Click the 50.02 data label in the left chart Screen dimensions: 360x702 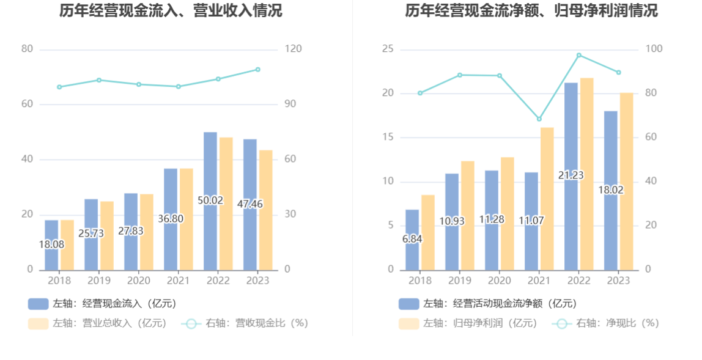(x=210, y=200)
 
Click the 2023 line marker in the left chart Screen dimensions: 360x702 (x=258, y=70)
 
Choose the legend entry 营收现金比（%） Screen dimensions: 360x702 (x=245, y=323)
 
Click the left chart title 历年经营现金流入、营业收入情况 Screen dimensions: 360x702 (x=171, y=11)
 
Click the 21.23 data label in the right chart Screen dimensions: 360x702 (x=571, y=175)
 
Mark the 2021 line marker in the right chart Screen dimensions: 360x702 (x=539, y=119)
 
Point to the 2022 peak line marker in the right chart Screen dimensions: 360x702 (x=579, y=56)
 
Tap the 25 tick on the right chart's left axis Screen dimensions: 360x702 (x=388, y=49)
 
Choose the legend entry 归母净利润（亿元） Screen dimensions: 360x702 (x=468, y=323)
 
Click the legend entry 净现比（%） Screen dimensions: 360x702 (x=605, y=323)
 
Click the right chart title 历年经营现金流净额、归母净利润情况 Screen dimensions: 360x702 (x=531, y=11)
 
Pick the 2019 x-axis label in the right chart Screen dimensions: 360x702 (x=460, y=281)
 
